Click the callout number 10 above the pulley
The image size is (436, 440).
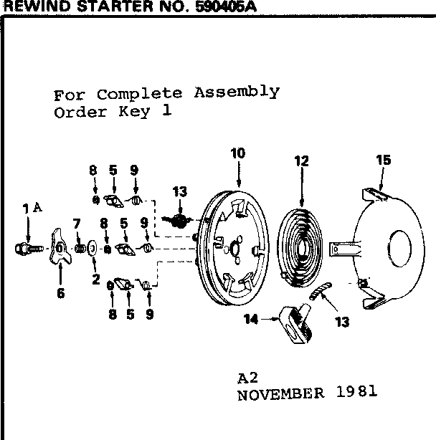238,153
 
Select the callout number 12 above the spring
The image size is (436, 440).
301,161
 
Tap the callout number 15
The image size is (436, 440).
384,160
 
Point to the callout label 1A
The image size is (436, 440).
32,209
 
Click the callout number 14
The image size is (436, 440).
251,319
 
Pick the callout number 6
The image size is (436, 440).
61,293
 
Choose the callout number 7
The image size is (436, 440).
77,224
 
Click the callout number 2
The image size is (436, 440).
96,279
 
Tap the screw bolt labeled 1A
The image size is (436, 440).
29,249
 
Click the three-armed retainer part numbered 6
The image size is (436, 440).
60,247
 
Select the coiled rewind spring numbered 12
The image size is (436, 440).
299,248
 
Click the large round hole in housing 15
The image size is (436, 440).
400,249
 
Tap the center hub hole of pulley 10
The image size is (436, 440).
234,248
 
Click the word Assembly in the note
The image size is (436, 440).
237,92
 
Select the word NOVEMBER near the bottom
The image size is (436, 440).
281,394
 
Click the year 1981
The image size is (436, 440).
356,391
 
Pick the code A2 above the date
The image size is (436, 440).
247,378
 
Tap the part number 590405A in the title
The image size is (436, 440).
226,6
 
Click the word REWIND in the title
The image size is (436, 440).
39,6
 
